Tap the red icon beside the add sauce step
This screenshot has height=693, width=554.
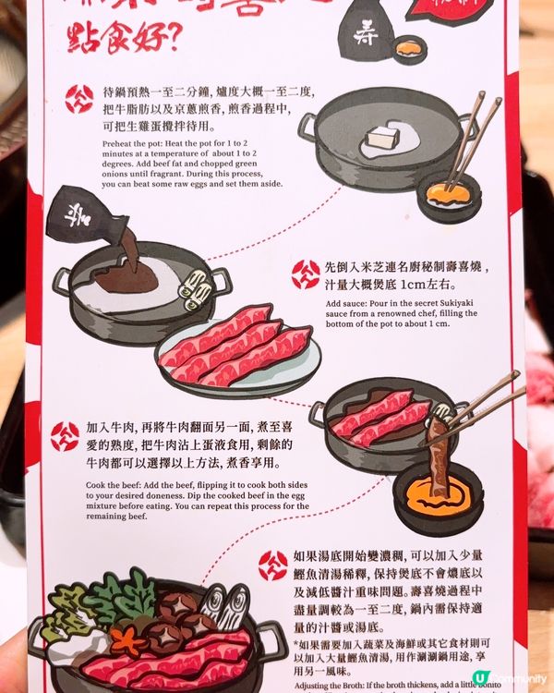pos(306,274)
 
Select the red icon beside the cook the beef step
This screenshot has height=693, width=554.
pos(65,435)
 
